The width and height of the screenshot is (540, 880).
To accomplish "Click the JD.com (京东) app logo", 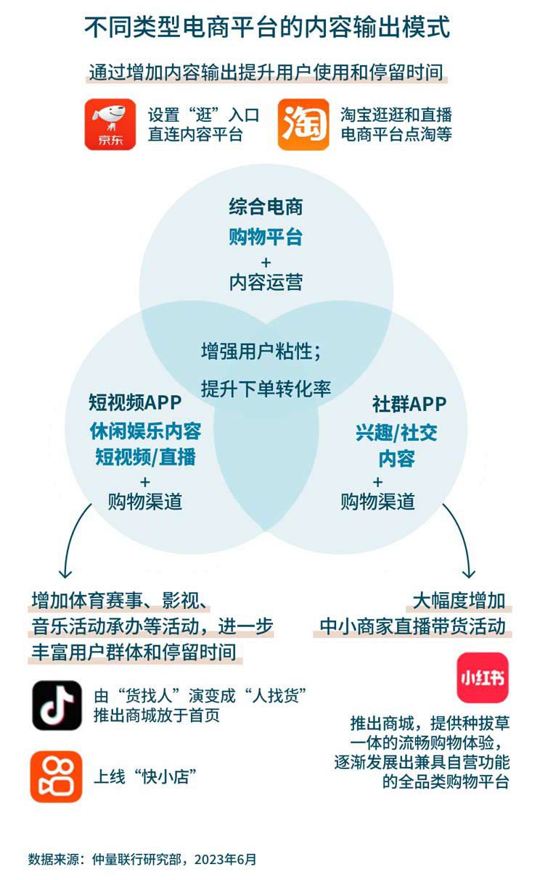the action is [x=110, y=124].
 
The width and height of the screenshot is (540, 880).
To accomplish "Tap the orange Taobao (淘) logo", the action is [x=303, y=124].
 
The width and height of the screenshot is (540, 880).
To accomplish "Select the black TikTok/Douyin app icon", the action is [x=57, y=705].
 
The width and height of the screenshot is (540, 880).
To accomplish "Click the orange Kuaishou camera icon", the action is [x=56, y=776].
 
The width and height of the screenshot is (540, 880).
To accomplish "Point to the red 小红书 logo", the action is [x=483, y=678].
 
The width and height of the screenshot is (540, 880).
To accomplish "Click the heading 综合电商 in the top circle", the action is [x=266, y=207].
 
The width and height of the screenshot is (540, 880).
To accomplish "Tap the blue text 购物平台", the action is [x=266, y=237].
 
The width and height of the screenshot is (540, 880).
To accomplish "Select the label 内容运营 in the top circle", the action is [x=266, y=282].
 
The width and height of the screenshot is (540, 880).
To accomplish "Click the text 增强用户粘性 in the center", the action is [x=257, y=351].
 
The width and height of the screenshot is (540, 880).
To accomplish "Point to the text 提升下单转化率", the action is [x=266, y=389].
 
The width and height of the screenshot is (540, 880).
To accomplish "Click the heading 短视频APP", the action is [x=135, y=403].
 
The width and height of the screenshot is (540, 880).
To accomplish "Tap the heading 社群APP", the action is [x=409, y=404].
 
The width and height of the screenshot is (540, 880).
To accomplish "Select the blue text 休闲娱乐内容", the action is [x=145, y=431].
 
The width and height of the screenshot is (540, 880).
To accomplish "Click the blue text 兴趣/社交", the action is [x=396, y=433].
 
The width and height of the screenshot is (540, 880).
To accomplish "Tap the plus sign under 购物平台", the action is [x=266, y=262].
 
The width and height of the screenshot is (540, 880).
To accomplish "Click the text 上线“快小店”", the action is [x=145, y=776].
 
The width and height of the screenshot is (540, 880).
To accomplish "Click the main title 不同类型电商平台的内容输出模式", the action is [x=267, y=28].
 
